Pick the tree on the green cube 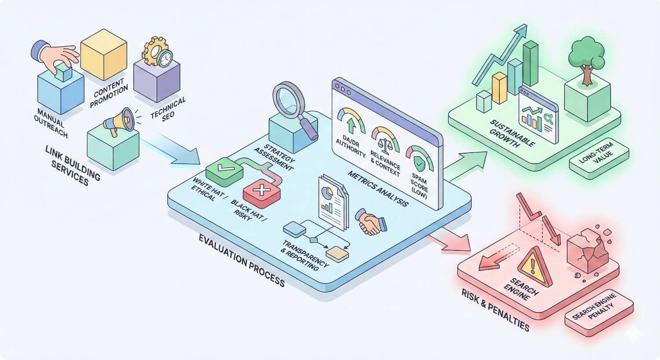pos(587,60)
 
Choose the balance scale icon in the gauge pos(385,143)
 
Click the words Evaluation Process pos(242,260)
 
